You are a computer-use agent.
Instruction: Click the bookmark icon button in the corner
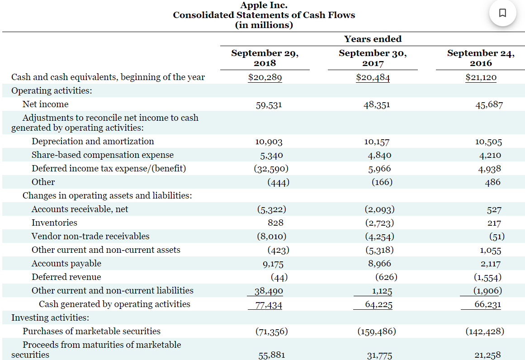(502, 13)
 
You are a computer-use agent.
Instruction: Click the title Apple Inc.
(264, 5)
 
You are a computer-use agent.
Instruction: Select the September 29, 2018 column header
(265, 58)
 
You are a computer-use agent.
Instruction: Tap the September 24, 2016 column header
(481, 58)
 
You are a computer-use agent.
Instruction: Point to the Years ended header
(373, 39)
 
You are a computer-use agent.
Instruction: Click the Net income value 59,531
(269, 105)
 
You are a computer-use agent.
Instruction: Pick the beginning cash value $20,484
(373, 77)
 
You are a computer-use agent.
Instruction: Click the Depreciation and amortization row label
(93, 141)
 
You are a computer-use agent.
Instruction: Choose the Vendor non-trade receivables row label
(90, 236)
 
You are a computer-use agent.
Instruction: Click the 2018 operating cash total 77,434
(269, 305)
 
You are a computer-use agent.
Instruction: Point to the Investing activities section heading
(50, 317)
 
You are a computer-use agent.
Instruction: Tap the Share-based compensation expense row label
(103, 155)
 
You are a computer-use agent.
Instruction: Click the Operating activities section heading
(52, 90)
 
